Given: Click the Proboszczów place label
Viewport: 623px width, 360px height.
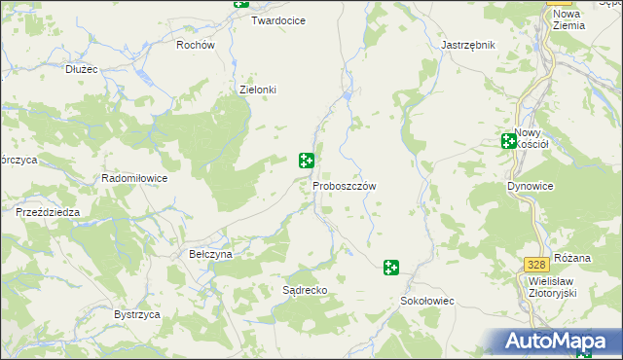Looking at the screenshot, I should click(345, 185).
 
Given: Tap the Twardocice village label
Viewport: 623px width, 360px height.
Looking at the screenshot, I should click(278, 20).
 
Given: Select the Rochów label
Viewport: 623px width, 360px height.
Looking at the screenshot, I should click(195, 45).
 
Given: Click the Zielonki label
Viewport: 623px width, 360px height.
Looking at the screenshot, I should click(258, 90).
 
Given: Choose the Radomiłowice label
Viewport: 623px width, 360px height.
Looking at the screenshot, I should click(135, 179).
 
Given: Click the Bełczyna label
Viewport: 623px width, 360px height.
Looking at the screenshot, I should click(210, 254).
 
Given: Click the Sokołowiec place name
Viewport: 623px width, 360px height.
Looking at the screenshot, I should click(428, 302).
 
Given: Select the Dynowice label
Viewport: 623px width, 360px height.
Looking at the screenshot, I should click(530, 185).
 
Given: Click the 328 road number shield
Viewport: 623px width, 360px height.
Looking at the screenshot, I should click(534, 265).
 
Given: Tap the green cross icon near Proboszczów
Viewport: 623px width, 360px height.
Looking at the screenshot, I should click(307, 160).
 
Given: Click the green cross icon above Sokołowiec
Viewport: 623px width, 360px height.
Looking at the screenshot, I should click(391, 267).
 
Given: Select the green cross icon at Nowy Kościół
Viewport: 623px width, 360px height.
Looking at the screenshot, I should click(508, 141).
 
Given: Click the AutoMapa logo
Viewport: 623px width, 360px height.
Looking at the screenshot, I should click(559, 342).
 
